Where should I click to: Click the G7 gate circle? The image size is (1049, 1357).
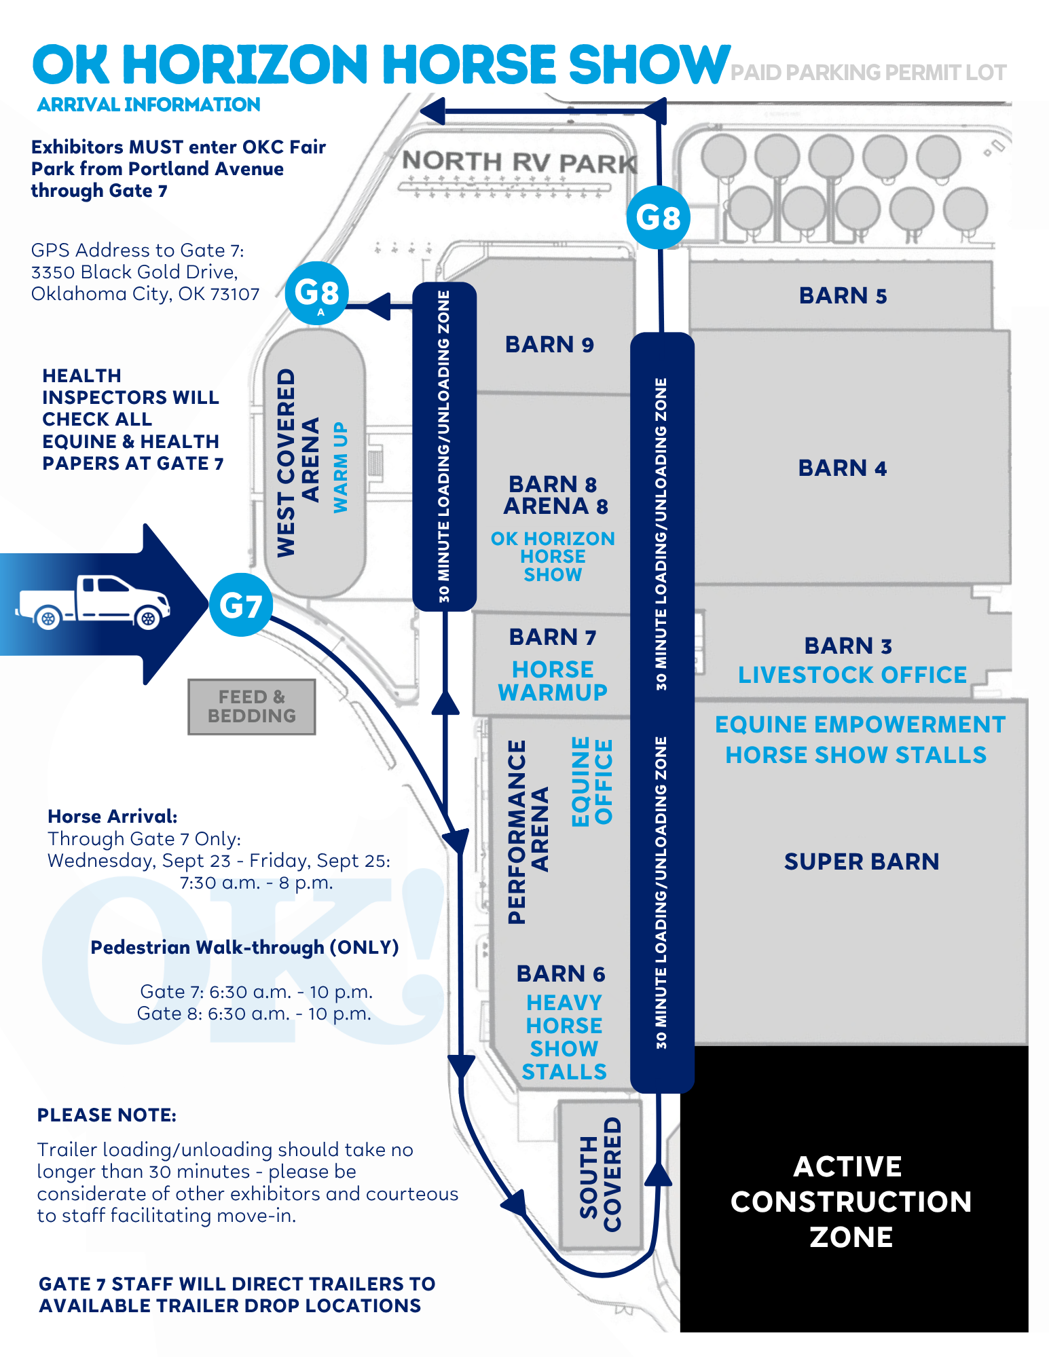tap(241, 605)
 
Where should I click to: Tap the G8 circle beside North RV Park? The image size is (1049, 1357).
tap(658, 217)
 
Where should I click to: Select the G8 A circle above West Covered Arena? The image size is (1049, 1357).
tap(317, 293)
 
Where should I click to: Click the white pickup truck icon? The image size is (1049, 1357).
tap(93, 602)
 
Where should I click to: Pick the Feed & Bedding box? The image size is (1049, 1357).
tap(252, 707)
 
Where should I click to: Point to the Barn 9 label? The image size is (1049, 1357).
tap(549, 345)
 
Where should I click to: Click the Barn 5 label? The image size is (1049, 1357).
tap(843, 296)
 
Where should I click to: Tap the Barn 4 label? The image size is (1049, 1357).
tap(843, 468)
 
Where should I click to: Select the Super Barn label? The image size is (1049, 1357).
tap(862, 861)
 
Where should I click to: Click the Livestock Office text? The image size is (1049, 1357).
tap(852, 675)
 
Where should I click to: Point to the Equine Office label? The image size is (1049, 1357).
tap(592, 781)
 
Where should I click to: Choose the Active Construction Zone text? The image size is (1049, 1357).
tap(851, 1202)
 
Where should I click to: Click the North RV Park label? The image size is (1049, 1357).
tap(520, 162)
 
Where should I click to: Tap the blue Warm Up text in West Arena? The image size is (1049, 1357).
tap(340, 467)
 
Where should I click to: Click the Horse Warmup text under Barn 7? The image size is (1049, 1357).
tap(553, 681)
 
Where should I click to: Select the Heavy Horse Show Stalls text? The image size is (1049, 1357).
tap(564, 1037)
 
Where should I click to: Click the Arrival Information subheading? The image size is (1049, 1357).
tap(149, 105)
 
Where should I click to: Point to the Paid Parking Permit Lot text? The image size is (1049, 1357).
tap(868, 73)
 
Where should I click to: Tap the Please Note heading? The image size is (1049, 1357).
tap(107, 1115)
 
